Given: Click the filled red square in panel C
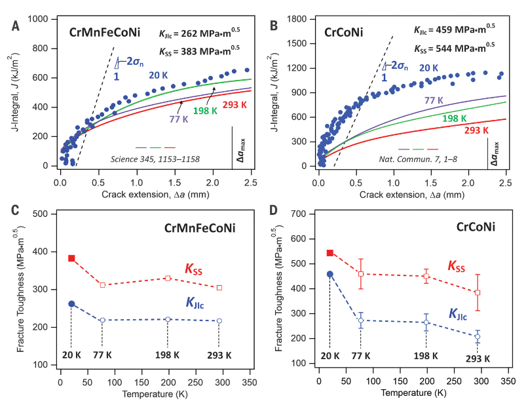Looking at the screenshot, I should point(72,258).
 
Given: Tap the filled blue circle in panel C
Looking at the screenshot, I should point(71,304).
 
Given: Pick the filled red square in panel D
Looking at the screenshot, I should point(330,253).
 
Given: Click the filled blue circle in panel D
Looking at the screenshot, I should point(330,274).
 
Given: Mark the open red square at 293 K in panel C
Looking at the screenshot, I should point(219,288).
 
